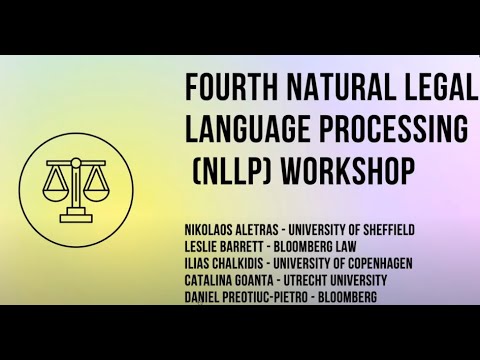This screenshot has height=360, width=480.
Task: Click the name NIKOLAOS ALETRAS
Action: point(237,230)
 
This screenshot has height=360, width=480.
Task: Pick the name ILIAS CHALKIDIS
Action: point(230,262)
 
